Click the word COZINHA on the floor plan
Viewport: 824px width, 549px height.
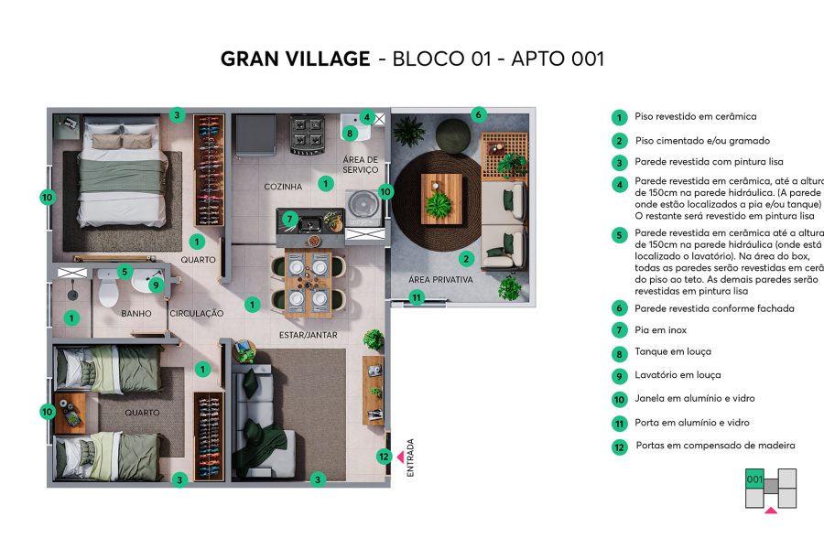click(283, 187)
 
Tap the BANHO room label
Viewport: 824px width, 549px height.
click(136, 314)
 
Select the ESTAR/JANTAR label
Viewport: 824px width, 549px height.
click(309, 335)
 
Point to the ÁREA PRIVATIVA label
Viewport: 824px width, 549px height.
click(441, 280)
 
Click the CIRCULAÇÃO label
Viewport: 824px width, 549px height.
click(197, 314)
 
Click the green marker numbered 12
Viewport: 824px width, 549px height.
click(385, 457)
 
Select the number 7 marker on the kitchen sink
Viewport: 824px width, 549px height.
click(289, 219)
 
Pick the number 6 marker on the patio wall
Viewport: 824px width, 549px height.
click(477, 114)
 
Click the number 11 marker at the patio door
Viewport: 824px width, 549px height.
click(417, 297)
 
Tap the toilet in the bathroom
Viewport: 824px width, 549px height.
click(107, 293)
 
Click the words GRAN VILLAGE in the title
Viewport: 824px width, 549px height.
click(295, 59)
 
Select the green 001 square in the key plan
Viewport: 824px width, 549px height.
click(754, 479)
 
